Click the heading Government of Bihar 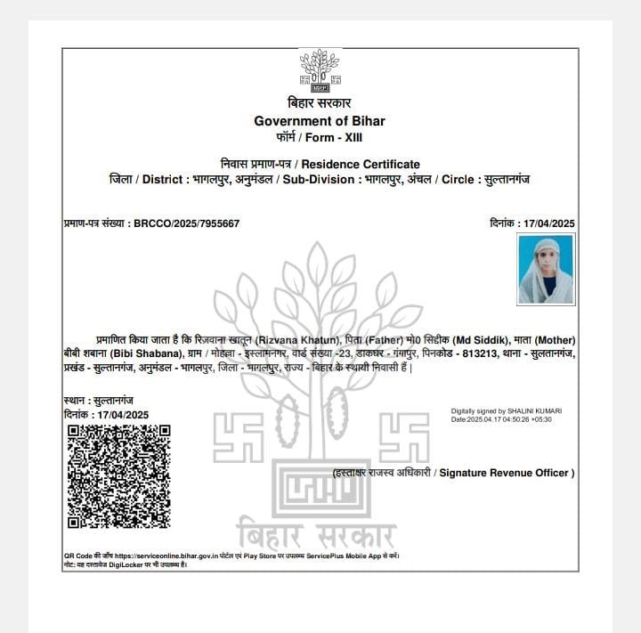pos(320,121)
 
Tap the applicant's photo pos(546,269)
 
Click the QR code pos(118,475)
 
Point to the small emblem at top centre pos(320,71)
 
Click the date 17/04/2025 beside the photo pos(545,223)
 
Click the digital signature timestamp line pos(501,418)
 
